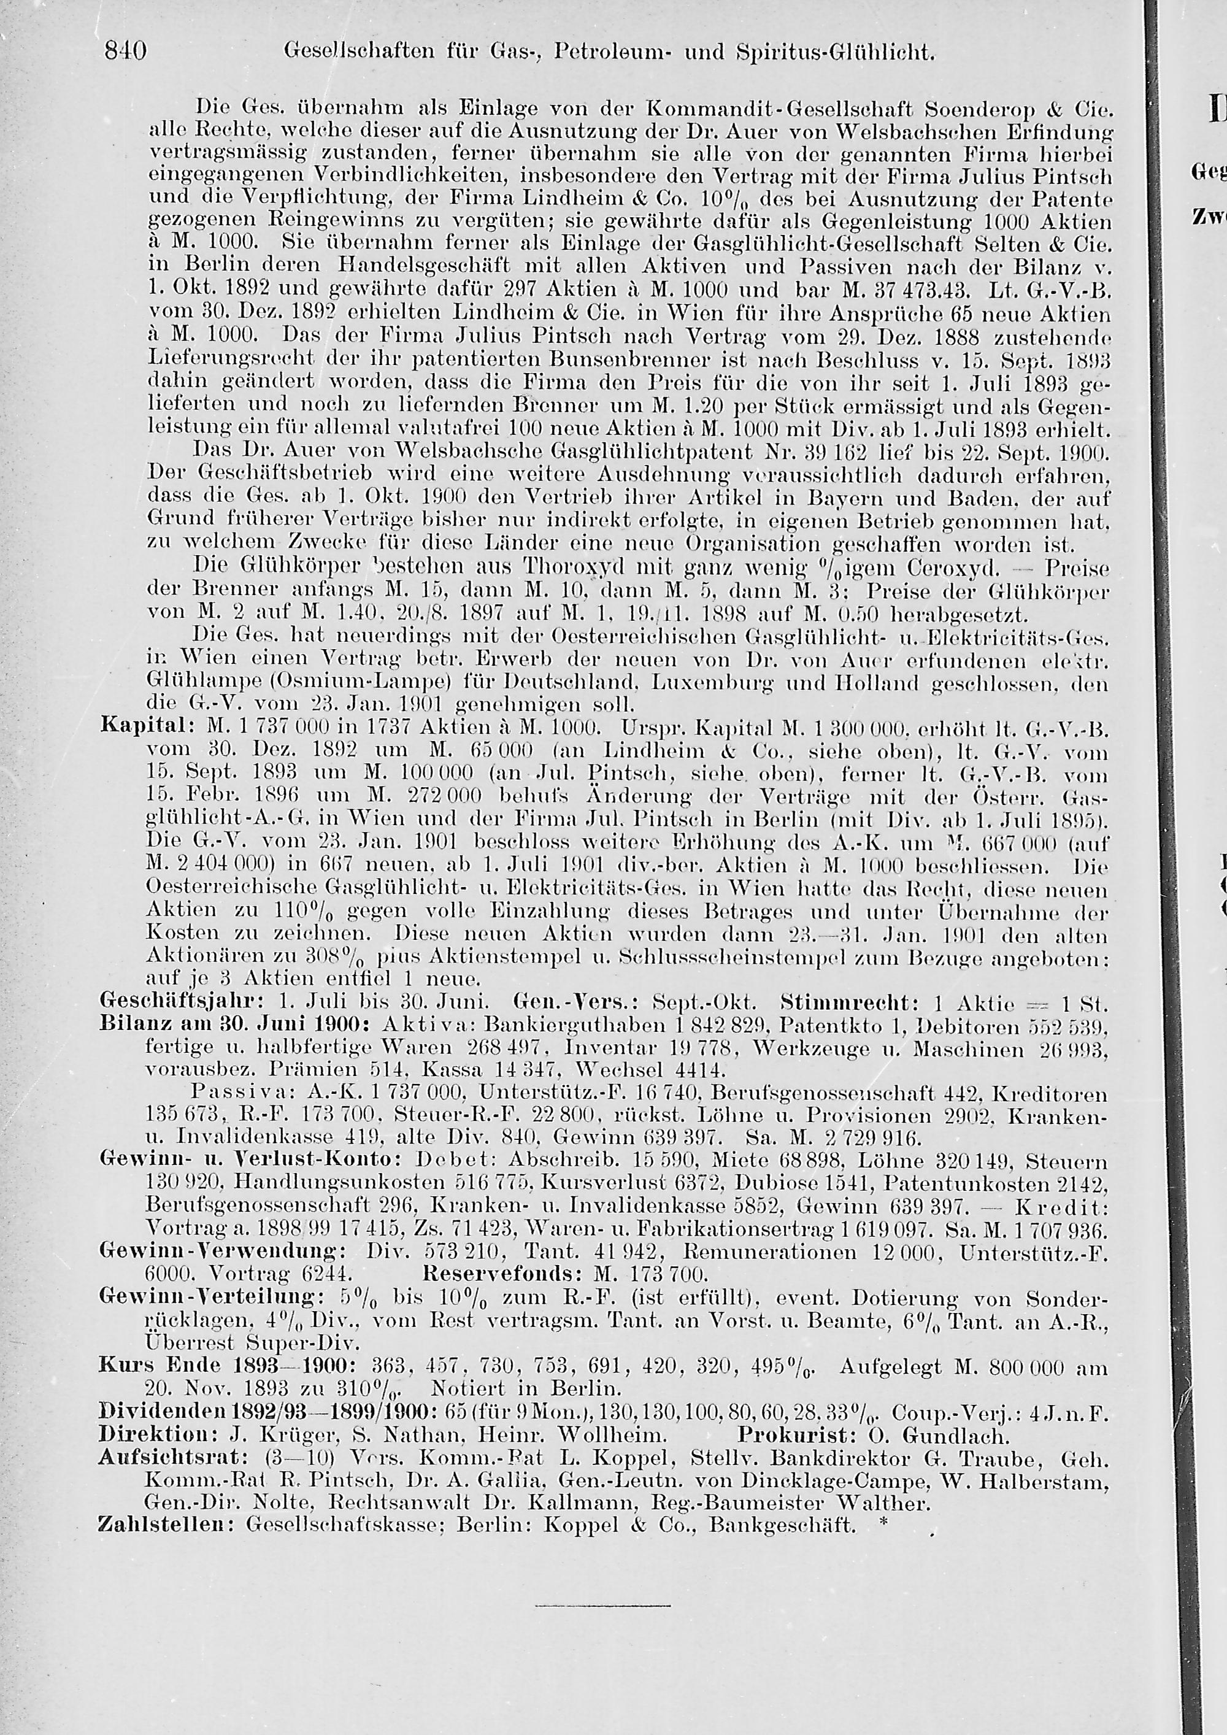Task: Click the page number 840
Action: (125, 52)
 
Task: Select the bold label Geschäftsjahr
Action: (180, 1004)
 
